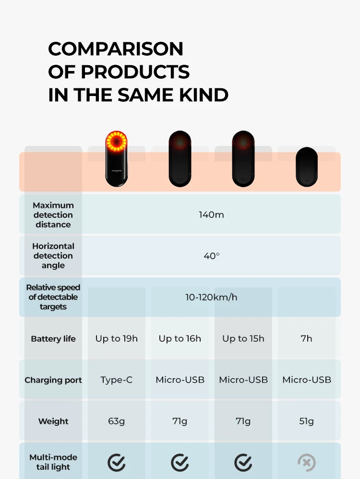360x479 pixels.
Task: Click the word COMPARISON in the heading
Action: [x=116, y=49]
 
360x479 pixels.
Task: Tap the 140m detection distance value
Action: [x=211, y=215]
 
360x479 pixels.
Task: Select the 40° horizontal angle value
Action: [x=211, y=256]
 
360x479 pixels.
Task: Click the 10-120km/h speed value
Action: [x=211, y=297]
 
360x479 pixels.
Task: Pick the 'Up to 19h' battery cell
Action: [x=116, y=338]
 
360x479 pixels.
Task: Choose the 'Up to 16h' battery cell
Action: [x=180, y=338]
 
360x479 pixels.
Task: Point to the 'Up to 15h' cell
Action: [x=243, y=338]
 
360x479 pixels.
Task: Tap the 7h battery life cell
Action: [x=306, y=338]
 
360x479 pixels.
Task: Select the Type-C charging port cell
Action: [x=116, y=380]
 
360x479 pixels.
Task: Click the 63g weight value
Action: [x=116, y=421]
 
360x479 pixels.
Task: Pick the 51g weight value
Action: [x=306, y=421]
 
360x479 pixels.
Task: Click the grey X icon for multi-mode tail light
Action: [x=306, y=463]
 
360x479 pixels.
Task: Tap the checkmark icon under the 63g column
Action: [x=116, y=463]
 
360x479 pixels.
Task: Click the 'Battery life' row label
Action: [x=53, y=338]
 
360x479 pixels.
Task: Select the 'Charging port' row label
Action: [x=53, y=380]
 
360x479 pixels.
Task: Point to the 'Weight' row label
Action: [x=53, y=421]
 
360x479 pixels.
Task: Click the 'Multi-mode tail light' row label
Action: [x=53, y=462]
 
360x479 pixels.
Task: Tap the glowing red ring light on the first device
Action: [x=116, y=142]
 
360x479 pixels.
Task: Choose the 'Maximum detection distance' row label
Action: [x=53, y=215]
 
